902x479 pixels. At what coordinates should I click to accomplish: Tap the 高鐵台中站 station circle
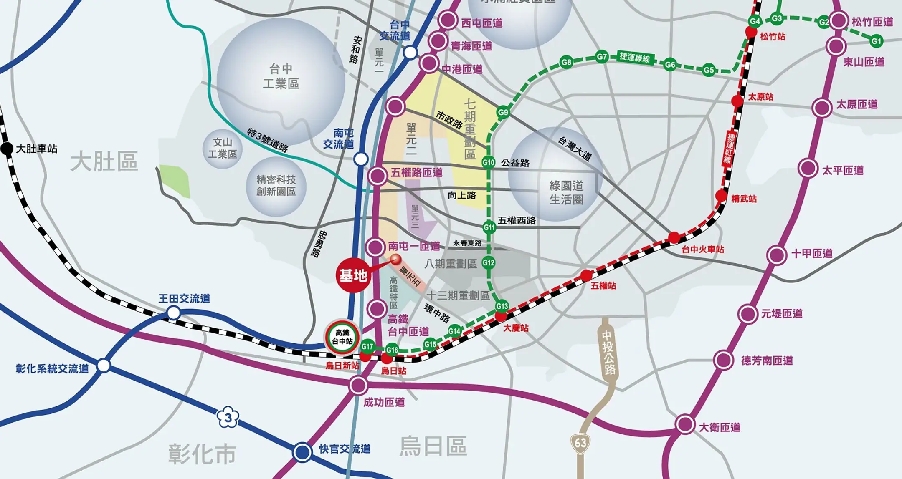342,337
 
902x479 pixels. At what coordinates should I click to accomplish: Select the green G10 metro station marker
488,162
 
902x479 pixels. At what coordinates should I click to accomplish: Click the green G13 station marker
502,306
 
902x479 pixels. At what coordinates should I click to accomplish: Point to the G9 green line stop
503,112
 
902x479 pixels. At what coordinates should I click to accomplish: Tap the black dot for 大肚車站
7,149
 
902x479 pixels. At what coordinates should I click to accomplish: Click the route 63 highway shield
580,443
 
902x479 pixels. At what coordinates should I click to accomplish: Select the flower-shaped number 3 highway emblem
228,418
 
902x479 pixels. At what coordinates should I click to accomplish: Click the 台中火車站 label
703,250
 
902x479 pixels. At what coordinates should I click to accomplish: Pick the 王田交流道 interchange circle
174,313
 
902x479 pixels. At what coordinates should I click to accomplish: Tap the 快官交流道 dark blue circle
302,452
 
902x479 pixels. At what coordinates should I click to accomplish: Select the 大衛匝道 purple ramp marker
685,424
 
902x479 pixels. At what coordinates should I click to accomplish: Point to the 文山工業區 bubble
223,149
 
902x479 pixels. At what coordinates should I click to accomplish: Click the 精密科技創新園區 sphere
276,186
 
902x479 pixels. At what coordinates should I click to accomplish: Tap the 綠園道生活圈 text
566,192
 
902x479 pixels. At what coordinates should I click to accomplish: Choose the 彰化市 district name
202,454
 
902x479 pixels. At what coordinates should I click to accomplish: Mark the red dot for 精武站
721,195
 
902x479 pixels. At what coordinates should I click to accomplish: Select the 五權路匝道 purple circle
378,176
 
